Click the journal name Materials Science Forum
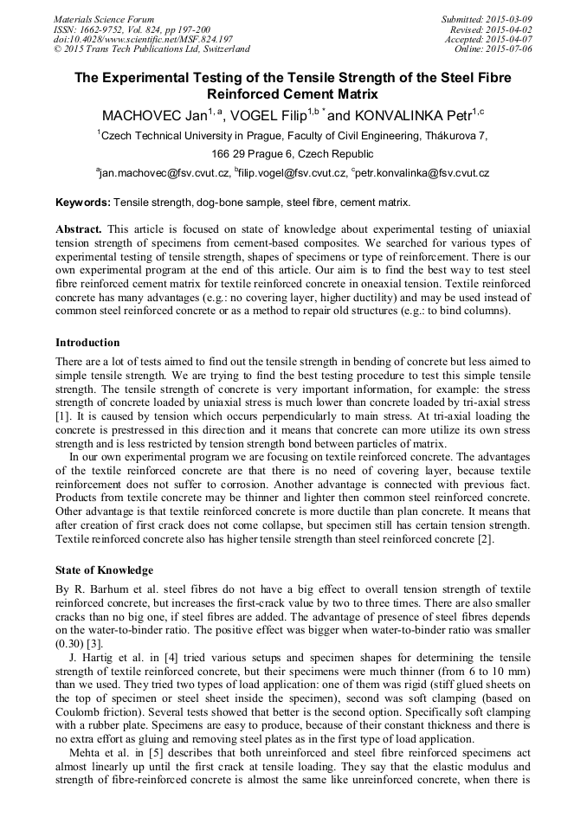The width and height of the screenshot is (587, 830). pyautogui.click(x=104, y=18)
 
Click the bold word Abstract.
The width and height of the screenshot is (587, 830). pyautogui.click(x=79, y=229)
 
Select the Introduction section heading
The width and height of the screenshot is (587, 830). pyautogui.click(x=87, y=343)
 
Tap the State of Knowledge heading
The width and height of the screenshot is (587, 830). pyautogui.click(x=104, y=570)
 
